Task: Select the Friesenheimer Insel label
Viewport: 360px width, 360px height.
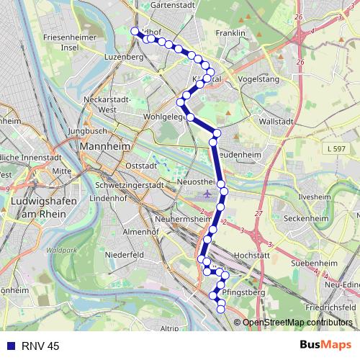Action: (70, 41)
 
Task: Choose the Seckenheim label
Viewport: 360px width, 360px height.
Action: (307, 218)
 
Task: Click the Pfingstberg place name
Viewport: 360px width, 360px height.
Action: (244, 294)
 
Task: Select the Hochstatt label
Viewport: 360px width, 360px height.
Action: (252, 255)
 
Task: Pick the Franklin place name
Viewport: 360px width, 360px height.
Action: (230, 33)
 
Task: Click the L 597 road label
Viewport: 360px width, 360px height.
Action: (335, 148)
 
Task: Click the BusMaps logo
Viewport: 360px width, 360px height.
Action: (321, 345)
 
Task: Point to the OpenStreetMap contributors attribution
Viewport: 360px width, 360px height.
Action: (296, 322)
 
